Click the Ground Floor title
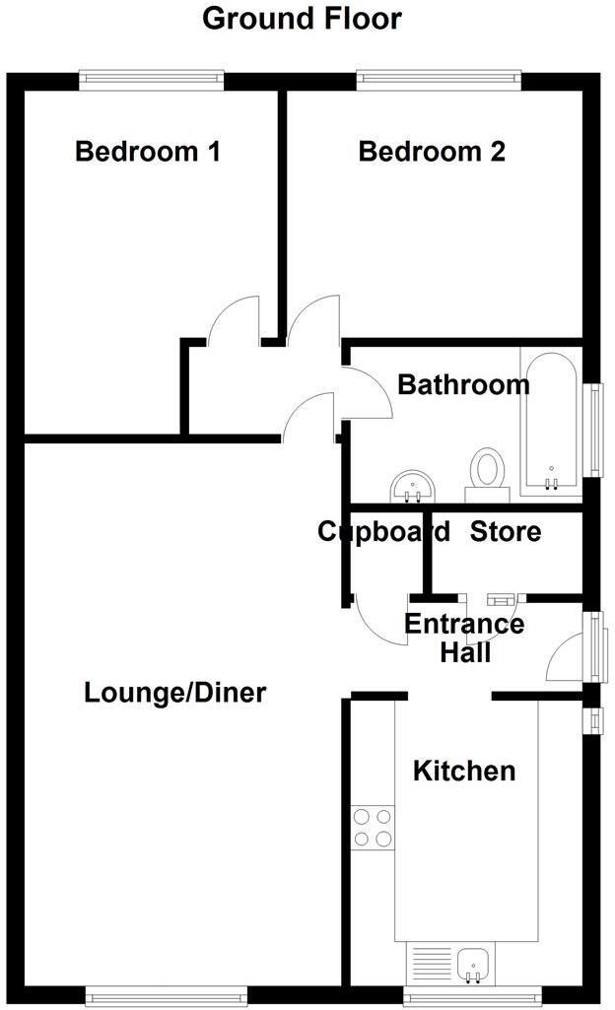click(302, 19)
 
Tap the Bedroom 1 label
click(148, 152)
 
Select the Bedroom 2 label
click(432, 152)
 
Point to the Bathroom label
click(463, 384)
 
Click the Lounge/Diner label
click(175, 693)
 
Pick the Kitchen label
click(463, 771)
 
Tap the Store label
click(505, 532)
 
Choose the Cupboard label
click(383, 532)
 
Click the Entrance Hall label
click(464, 638)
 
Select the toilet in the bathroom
click(486, 470)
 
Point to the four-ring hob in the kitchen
click(373, 827)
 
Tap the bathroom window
click(596, 429)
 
